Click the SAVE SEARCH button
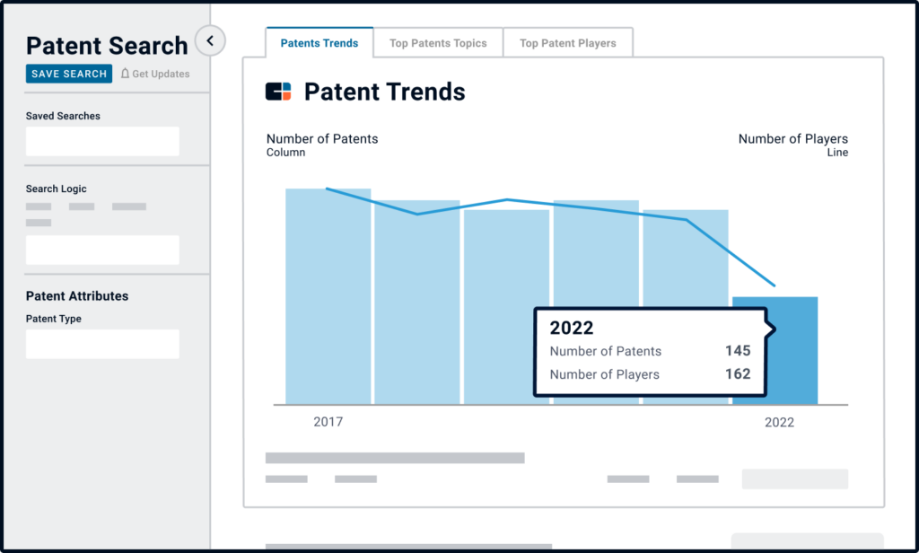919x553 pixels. [69, 74]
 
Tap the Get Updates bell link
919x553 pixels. [155, 74]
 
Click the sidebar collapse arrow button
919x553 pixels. [210, 40]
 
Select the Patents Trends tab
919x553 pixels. [319, 43]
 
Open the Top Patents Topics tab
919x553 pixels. [438, 43]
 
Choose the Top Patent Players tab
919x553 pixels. [568, 43]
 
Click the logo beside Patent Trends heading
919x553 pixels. [278, 92]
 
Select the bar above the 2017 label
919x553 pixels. [328, 296]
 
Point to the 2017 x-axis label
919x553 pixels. [328, 422]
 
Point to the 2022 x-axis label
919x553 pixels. [779, 422]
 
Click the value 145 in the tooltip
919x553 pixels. [738, 351]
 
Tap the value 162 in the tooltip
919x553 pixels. [738, 374]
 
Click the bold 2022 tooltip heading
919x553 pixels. [572, 328]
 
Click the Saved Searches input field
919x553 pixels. [102, 142]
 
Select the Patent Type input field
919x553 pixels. [102, 344]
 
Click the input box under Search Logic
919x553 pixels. [102, 250]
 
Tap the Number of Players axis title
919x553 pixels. [792, 139]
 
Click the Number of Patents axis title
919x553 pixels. [322, 139]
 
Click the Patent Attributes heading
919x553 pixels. [77, 296]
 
